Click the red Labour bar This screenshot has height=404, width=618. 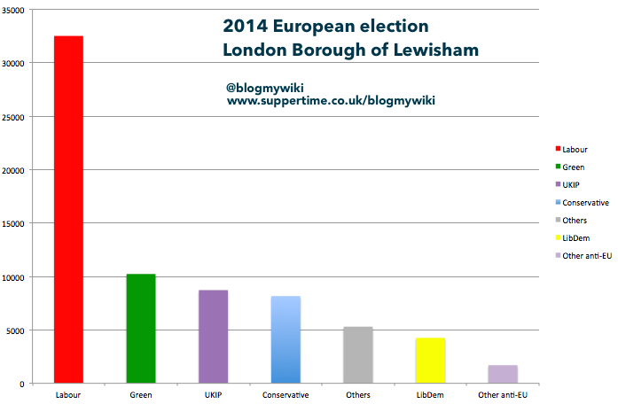pyautogui.click(x=68, y=210)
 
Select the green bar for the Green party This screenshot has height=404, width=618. pyautogui.click(x=141, y=329)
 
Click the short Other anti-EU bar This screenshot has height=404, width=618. pyautogui.click(x=503, y=374)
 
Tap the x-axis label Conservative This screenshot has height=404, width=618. pyautogui.click(x=286, y=394)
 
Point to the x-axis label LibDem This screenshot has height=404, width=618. pyautogui.click(x=430, y=394)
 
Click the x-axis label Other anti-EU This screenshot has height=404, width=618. pyautogui.click(x=503, y=394)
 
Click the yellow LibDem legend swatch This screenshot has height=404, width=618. pyautogui.click(x=558, y=238)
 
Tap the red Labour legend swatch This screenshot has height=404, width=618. pyautogui.click(x=558, y=150)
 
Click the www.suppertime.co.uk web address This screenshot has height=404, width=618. pyautogui.click(x=331, y=101)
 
